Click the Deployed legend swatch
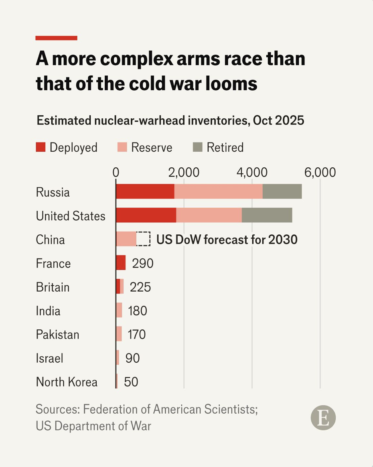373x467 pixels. click(41, 147)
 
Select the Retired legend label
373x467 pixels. click(225, 147)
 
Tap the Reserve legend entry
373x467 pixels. click(152, 147)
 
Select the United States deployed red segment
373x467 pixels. click(146, 215)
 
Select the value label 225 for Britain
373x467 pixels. click(140, 287)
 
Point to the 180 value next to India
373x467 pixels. click(137, 311)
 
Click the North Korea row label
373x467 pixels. click(67, 382)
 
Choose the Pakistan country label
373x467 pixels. click(57, 335)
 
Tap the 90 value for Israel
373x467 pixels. click(132, 358)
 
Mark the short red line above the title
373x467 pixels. click(56, 38)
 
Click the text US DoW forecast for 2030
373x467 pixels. click(227, 240)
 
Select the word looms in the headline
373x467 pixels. click(232, 84)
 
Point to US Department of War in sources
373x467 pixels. click(93, 426)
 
